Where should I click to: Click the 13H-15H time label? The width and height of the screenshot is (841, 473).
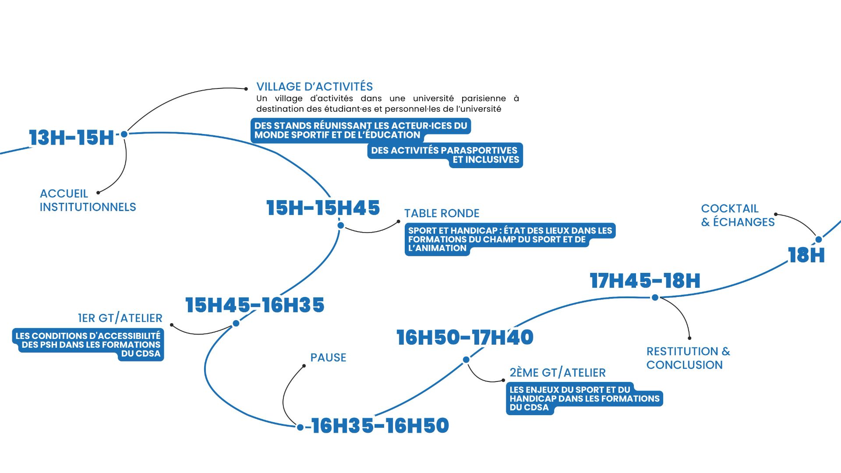click(x=71, y=138)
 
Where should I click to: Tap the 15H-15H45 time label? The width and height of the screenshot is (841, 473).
click(x=323, y=208)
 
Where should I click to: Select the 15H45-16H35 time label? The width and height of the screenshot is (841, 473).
click(x=254, y=305)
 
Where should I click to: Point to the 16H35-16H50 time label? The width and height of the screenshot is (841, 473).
click(x=380, y=426)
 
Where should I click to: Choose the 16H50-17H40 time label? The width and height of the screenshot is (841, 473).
click(x=465, y=337)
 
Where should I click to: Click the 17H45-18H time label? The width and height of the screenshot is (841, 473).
click(x=645, y=281)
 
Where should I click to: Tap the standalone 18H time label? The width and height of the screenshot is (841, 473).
click(x=806, y=255)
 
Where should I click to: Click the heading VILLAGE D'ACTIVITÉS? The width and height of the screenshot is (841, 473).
click(x=314, y=87)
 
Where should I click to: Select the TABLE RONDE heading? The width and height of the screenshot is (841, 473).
click(x=442, y=214)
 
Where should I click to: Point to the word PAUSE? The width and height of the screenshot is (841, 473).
click(x=328, y=358)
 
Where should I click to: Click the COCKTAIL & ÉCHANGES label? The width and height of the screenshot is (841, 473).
click(x=738, y=215)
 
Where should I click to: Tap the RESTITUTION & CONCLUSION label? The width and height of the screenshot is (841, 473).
click(x=688, y=358)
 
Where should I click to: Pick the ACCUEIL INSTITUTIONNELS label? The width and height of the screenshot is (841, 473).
click(x=88, y=200)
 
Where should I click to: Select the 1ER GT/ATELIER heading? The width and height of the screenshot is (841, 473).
click(x=120, y=318)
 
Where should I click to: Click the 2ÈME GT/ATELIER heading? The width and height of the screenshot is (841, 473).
click(x=557, y=373)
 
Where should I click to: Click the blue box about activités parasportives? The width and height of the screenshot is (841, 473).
click(x=445, y=155)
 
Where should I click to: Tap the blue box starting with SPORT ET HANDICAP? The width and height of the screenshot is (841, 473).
click(x=509, y=239)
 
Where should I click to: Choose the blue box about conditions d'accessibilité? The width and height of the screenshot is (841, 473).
click(x=88, y=345)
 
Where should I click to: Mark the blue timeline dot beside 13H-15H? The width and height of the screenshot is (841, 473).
click(x=124, y=134)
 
